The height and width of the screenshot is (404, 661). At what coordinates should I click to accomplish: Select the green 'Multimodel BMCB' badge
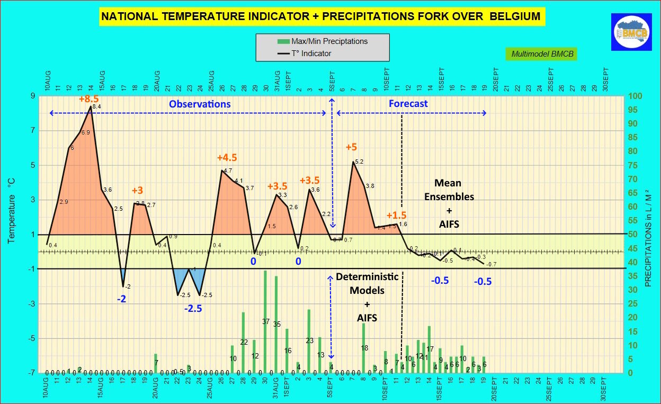(x=543, y=54)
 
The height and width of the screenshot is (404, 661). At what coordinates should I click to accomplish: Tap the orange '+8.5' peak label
(x=89, y=99)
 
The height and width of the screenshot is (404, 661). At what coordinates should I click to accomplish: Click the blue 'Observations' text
(x=200, y=104)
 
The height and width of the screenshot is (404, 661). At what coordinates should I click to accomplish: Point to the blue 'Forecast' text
(x=408, y=104)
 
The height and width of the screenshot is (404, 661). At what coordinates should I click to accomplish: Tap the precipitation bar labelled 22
(x=244, y=342)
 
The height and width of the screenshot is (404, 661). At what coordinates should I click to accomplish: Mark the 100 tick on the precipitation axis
(x=636, y=96)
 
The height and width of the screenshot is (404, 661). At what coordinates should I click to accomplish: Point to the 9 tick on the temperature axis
(x=33, y=96)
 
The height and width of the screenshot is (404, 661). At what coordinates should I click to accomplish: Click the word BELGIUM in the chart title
(x=515, y=16)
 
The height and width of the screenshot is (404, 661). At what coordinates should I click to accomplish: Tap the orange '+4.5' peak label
(x=227, y=158)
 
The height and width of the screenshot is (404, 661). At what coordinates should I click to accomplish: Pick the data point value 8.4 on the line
(x=96, y=107)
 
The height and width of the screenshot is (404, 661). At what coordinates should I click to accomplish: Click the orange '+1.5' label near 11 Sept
(x=396, y=216)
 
